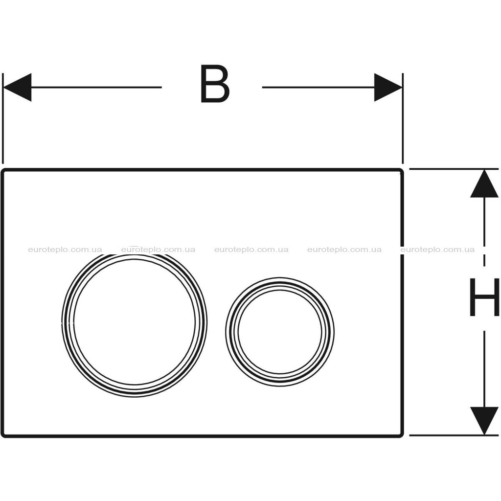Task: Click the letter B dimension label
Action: [215, 84]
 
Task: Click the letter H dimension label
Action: [484, 297]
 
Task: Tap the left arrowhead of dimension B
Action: [17, 87]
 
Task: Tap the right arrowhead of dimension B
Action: [388, 87]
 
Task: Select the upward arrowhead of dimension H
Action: [484, 183]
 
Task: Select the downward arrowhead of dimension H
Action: [484, 420]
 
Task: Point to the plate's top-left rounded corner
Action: [3, 171]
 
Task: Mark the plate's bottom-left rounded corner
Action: [3, 435]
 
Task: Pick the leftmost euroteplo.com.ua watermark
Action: [65, 250]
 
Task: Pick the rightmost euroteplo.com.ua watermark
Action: [437, 250]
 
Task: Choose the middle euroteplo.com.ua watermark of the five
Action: [251, 250]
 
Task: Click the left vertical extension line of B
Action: [3, 118]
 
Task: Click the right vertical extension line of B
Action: [403, 118]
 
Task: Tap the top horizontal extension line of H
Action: [454, 169]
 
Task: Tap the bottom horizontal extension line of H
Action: [454, 435]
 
